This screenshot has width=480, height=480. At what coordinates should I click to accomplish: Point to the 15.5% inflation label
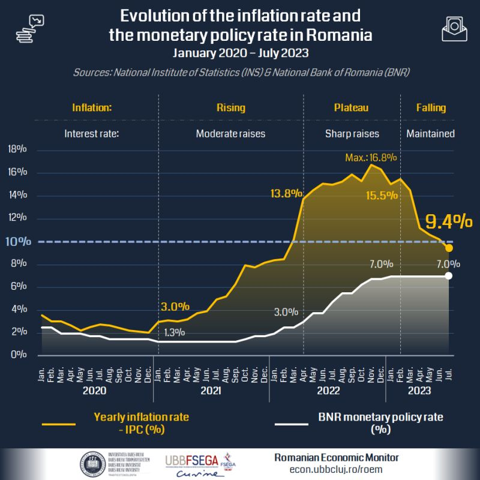(382, 195)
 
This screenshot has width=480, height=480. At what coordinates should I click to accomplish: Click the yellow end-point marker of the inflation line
(449, 248)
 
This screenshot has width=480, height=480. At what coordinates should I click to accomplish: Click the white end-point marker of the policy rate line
(449, 275)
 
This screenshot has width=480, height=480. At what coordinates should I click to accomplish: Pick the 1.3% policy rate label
(173, 332)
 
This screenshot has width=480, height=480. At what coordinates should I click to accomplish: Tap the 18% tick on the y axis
(17, 150)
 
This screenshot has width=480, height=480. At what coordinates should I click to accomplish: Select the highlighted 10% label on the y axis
(17, 242)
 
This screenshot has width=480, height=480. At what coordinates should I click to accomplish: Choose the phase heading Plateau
(351, 108)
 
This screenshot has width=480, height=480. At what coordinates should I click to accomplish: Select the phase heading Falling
(431, 108)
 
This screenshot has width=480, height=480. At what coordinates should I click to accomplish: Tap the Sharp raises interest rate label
(352, 133)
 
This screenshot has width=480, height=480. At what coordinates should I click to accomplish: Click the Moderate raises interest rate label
(230, 133)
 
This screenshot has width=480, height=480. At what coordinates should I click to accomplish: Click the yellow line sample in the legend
(58, 424)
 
